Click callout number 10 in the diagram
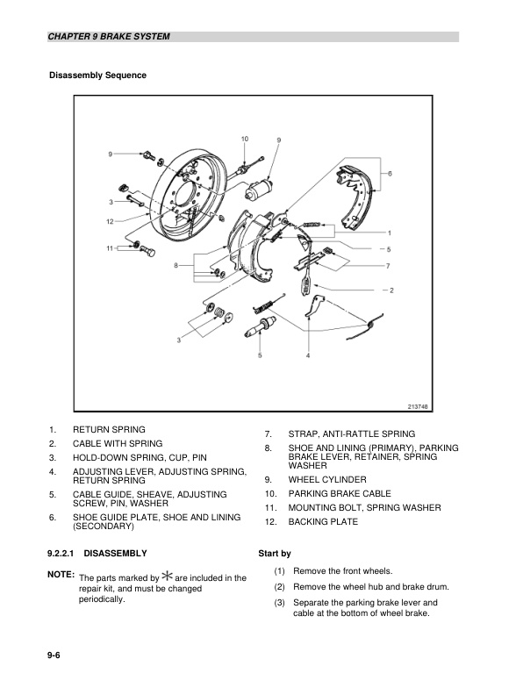244,139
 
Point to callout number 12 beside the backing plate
110,221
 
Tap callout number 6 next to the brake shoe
390,174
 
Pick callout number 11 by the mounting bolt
111,248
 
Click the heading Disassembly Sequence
97,75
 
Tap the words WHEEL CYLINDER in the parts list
327,480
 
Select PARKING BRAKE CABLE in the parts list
340,494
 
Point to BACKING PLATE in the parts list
323,522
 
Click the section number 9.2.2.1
64,554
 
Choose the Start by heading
275,554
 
